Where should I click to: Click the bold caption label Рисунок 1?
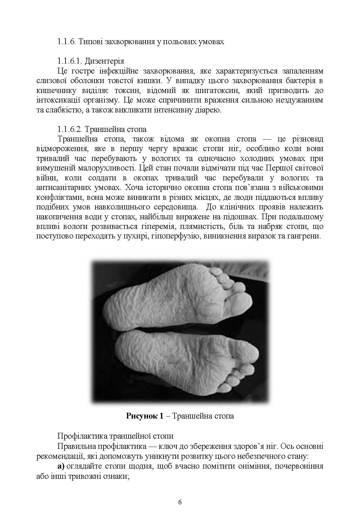[144, 416]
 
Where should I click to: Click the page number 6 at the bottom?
[180, 502]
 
